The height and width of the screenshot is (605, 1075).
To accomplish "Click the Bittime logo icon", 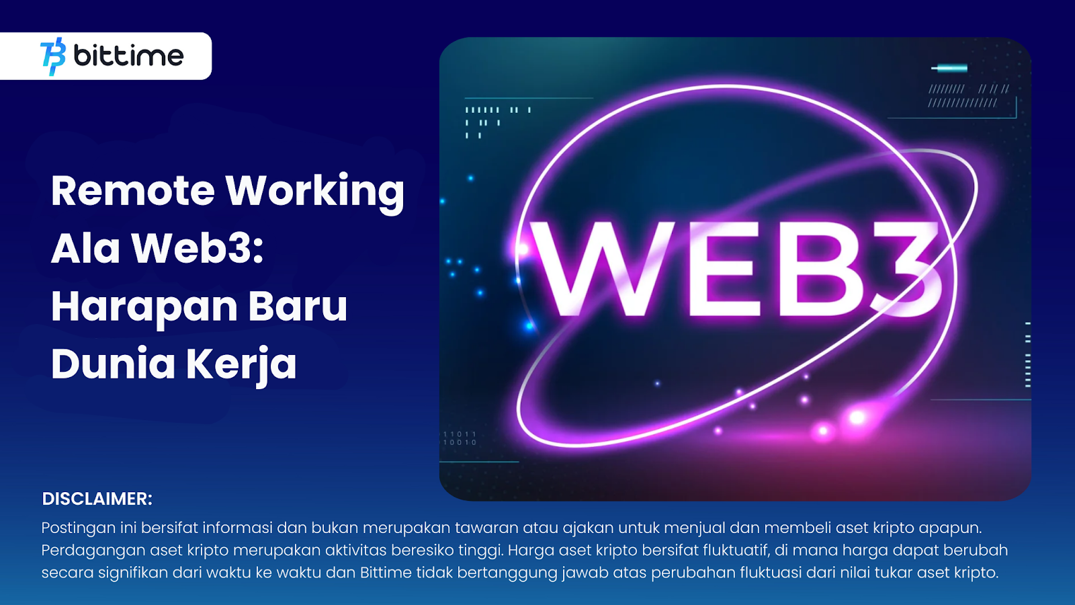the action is pyautogui.click(x=53, y=56).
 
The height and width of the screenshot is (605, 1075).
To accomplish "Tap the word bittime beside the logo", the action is pyautogui.click(x=128, y=55).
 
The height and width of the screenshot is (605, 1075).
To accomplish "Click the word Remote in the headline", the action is pyautogui.click(x=132, y=191).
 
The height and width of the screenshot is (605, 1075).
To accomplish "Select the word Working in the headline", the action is pyautogui.click(x=315, y=193).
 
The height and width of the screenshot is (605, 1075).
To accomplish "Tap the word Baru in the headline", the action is pyautogui.click(x=298, y=306).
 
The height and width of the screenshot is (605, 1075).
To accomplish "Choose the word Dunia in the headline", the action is pyautogui.click(x=114, y=364).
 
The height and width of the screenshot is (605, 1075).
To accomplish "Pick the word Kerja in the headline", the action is pyautogui.click(x=241, y=366).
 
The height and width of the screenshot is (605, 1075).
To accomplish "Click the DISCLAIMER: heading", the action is pyautogui.click(x=97, y=499).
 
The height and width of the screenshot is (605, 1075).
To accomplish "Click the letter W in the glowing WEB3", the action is pyautogui.click(x=605, y=270).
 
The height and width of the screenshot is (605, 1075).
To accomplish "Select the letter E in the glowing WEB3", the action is pyautogui.click(x=725, y=270).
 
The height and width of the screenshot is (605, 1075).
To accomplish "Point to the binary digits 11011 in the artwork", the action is pyautogui.click(x=460, y=434).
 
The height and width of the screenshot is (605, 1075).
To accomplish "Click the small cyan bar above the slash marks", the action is pyautogui.click(x=949, y=68).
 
